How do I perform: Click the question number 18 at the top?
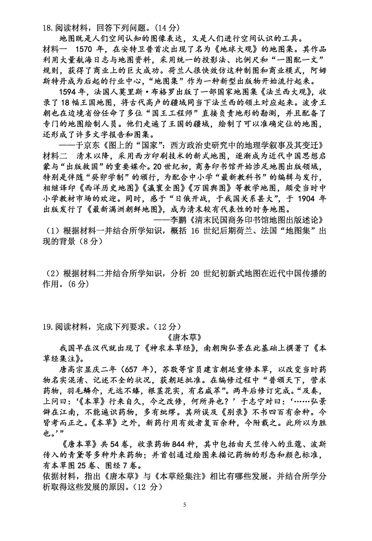tap(47, 28)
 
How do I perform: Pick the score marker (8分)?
tap(88, 241)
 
